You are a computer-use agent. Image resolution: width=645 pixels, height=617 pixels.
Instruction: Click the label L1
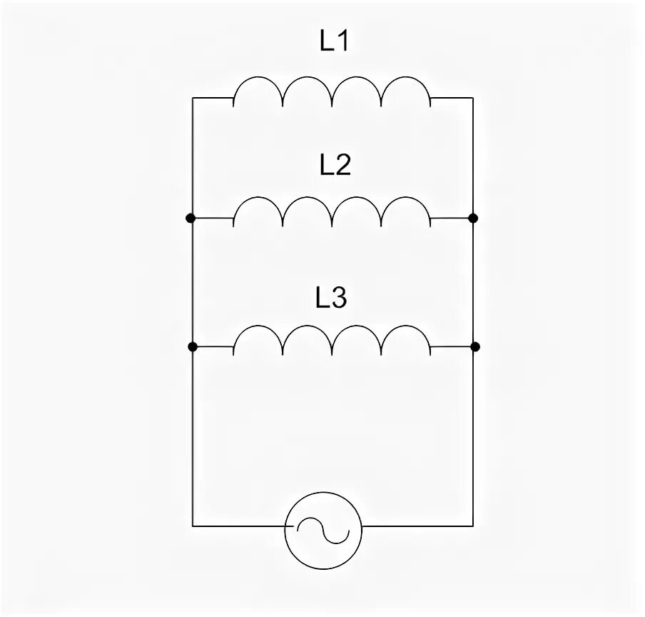point(332,43)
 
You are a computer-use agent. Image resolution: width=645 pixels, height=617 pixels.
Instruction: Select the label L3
point(331,298)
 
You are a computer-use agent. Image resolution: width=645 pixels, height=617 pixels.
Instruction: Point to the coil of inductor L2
point(332,211)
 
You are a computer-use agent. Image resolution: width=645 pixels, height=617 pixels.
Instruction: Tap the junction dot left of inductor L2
point(191,218)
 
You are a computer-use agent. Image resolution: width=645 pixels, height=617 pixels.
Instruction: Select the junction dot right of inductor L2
point(472,218)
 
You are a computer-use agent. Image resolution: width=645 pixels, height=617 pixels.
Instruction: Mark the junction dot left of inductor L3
point(192,347)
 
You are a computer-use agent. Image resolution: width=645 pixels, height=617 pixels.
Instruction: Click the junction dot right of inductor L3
point(475,347)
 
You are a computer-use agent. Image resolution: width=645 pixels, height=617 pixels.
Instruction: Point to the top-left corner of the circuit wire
point(193,98)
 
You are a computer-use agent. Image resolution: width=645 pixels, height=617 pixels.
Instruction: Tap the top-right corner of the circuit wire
point(472,98)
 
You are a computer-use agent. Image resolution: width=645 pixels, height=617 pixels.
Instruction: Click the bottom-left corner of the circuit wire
point(193,527)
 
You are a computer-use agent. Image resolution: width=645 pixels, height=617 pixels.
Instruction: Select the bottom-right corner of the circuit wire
point(472,527)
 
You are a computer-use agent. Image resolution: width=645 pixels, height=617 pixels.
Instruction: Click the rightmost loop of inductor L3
point(406,339)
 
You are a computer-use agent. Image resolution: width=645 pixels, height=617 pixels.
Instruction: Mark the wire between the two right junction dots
point(472,282)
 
